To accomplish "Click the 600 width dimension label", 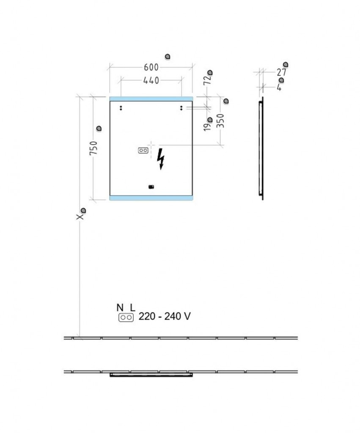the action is coord(151,67).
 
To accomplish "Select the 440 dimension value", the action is coord(151,80).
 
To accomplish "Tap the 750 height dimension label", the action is coord(93,148).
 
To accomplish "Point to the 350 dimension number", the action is coord(220,121).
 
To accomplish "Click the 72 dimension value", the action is coord(207,80).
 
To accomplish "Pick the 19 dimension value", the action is coord(207,127).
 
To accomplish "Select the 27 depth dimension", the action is coord(282,72).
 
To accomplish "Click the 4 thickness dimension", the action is coord(279,88).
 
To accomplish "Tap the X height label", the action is coord(80,217).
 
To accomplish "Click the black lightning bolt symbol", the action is coord(160,159).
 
